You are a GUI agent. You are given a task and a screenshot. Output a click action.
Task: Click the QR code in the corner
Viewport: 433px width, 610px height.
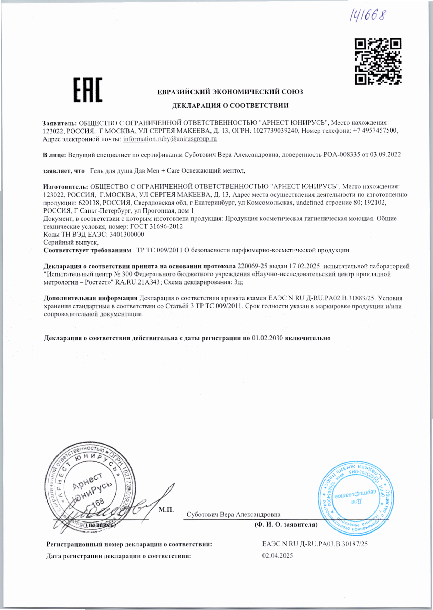click(x=378, y=62)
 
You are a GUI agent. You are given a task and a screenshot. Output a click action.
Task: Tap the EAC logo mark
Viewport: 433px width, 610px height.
click(x=88, y=90)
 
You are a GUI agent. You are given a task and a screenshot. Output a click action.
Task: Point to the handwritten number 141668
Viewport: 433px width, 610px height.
click(x=368, y=15)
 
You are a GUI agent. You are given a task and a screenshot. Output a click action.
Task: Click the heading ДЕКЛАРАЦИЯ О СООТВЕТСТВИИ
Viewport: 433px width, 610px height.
click(x=230, y=105)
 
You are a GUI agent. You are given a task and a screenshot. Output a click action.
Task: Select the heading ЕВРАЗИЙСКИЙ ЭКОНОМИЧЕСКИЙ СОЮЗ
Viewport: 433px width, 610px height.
click(x=230, y=92)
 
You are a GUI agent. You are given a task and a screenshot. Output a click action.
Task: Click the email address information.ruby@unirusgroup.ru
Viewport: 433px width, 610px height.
click(x=170, y=139)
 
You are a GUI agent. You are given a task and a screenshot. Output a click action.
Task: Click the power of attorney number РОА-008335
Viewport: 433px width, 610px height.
click(x=342, y=155)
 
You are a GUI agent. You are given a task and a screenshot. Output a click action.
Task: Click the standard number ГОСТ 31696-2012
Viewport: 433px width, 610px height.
click(x=156, y=226)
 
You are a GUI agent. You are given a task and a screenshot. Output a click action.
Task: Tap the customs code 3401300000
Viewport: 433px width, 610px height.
click(x=126, y=234)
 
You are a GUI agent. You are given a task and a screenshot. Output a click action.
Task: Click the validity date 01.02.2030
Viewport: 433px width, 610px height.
click(x=267, y=338)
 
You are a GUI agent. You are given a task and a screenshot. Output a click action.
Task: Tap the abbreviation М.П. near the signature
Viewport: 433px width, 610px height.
click(x=166, y=509)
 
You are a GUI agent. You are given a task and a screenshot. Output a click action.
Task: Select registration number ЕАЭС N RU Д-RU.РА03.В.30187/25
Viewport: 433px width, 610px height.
click(x=315, y=544)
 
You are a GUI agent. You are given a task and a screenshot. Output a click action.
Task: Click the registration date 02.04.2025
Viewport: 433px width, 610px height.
click(x=277, y=556)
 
